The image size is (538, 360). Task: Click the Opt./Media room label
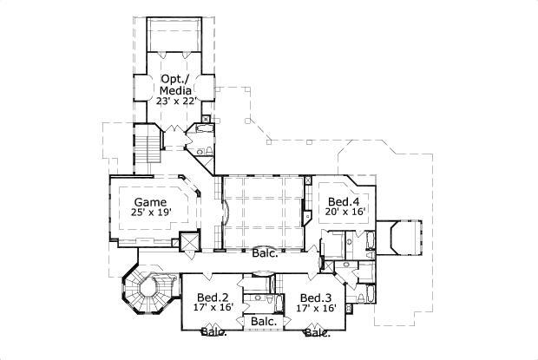point(177,83)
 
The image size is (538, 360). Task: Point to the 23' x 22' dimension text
point(177,99)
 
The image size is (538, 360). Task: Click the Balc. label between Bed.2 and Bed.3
point(264,322)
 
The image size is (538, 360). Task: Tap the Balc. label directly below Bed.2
point(213,331)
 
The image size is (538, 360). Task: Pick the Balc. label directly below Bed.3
point(316,332)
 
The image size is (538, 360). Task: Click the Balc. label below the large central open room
point(265,254)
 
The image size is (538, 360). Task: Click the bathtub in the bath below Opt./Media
point(201,130)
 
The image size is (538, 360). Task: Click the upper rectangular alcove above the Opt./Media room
point(177,36)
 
